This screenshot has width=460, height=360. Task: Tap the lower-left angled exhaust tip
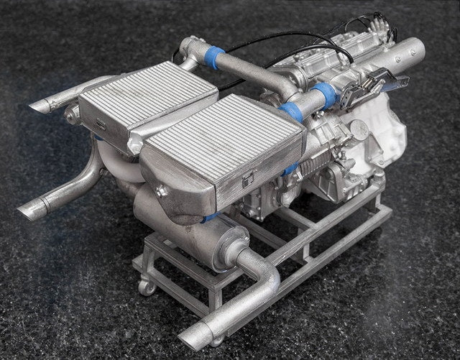coord(32,210)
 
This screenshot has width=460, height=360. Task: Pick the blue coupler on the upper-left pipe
coord(215,57)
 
